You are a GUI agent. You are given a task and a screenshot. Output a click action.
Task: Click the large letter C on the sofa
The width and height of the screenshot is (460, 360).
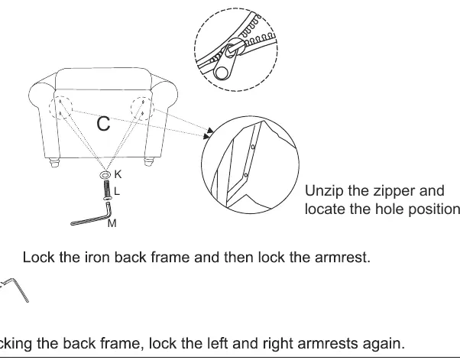click(x=103, y=124)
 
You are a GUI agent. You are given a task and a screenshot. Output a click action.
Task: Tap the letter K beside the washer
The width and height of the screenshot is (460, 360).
click(x=118, y=174)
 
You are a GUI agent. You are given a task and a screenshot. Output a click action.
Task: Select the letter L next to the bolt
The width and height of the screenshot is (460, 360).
click(x=117, y=191)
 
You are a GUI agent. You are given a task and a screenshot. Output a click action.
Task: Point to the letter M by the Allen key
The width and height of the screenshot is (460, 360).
click(x=112, y=223)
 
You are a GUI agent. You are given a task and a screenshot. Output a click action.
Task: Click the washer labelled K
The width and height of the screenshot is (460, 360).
click(x=105, y=175)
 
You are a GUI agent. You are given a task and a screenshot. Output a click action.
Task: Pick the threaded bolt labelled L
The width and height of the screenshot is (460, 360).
click(x=107, y=190)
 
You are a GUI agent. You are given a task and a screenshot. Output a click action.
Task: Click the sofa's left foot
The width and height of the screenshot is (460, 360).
click(x=54, y=162)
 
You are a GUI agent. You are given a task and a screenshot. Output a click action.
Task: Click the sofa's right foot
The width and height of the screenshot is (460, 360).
click(x=149, y=162)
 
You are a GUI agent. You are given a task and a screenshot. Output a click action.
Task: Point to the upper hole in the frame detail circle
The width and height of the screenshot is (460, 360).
click(x=253, y=147)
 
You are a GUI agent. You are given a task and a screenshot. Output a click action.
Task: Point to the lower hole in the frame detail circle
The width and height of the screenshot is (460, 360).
click(x=246, y=176)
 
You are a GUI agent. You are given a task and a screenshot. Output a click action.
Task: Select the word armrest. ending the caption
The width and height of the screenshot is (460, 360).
click(x=342, y=258)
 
